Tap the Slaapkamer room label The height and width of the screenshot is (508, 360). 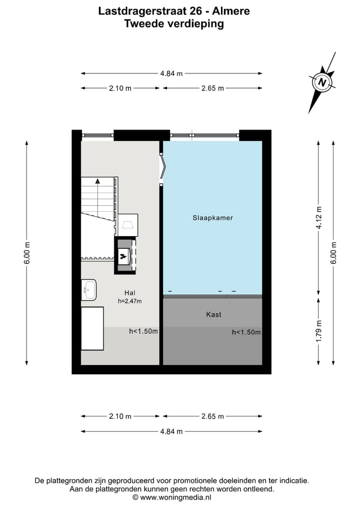[x=212, y=218]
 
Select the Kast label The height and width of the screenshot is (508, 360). [x=213, y=315]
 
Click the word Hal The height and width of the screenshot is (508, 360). [x=130, y=293]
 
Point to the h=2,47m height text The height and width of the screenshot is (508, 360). [x=130, y=301]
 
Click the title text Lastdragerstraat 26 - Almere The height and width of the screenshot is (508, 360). [x=174, y=10]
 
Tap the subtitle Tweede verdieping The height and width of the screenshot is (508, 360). [x=174, y=23]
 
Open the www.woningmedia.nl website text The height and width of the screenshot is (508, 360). [x=175, y=498]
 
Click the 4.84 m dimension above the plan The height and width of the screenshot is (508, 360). [x=171, y=73]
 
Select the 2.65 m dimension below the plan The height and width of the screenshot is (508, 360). [x=212, y=416]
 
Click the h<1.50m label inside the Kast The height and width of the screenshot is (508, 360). [x=246, y=332]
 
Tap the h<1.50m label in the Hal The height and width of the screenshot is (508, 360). [x=143, y=331]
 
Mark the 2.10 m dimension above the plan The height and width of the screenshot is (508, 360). [x=120, y=88]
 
